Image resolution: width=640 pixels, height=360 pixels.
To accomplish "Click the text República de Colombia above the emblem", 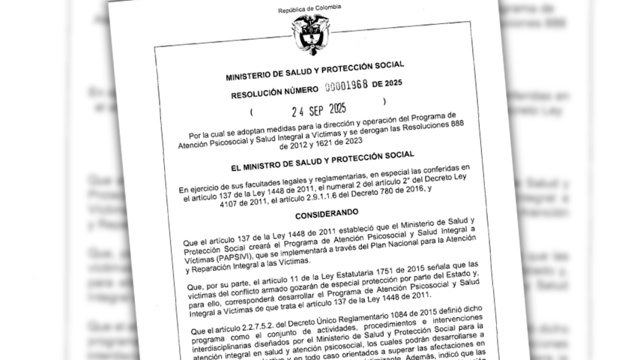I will [x=310, y=9].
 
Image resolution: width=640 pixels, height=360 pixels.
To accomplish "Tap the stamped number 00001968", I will [x=339, y=85].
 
